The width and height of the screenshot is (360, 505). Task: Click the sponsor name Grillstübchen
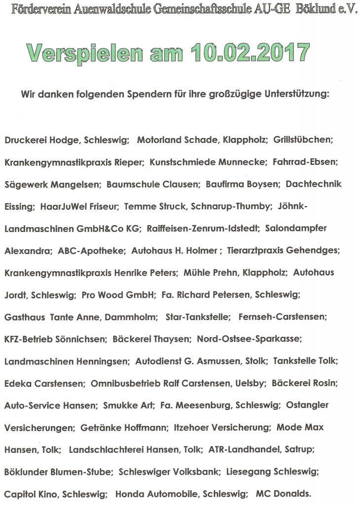(303, 140)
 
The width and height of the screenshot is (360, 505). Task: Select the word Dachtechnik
(314, 184)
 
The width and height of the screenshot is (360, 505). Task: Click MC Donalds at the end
(283, 494)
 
